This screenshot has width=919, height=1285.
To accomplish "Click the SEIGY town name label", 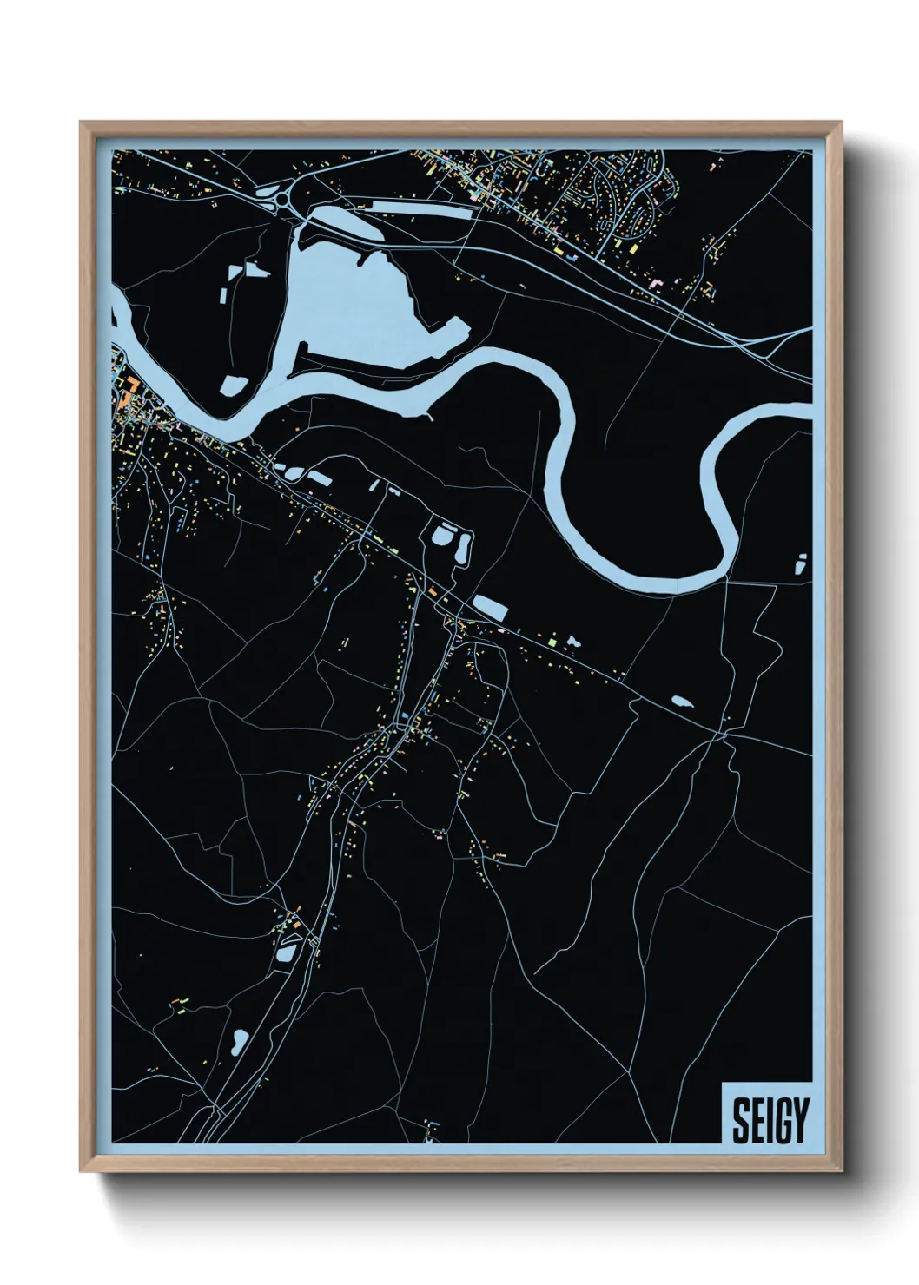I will click(x=770, y=1121).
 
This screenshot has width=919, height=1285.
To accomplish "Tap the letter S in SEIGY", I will click(x=741, y=1121).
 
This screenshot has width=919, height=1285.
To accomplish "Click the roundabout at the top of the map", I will click(x=285, y=201).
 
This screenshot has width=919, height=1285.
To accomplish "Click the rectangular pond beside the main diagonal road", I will click(x=489, y=608).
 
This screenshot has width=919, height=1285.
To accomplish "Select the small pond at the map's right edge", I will click(x=801, y=563).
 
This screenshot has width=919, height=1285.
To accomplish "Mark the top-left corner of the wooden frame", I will click(x=82, y=122).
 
